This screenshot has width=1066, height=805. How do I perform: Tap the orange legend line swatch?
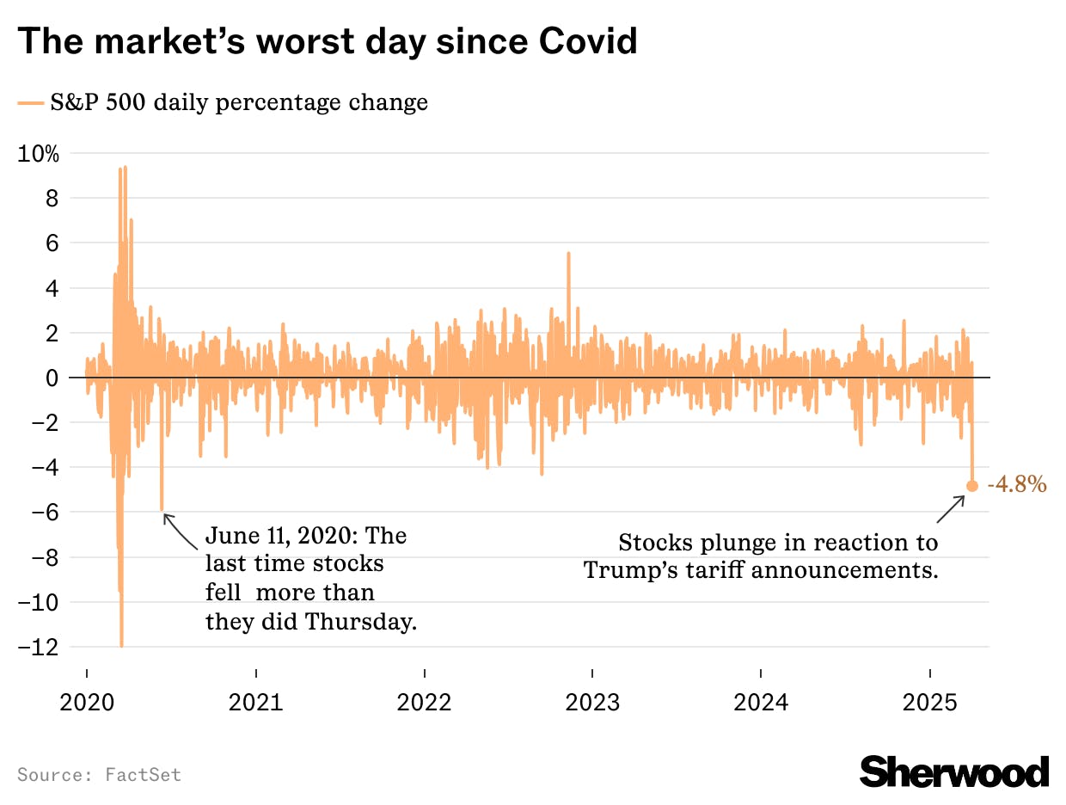(x=30, y=103)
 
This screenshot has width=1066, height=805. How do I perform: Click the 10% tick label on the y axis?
(x=39, y=154)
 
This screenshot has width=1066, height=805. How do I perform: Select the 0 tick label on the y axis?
(x=52, y=378)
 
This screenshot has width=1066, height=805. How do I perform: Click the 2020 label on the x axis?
(x=86, y=702)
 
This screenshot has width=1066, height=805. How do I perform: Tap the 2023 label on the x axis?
(x=592, y=702)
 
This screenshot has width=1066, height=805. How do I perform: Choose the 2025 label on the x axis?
(x=929, y=702)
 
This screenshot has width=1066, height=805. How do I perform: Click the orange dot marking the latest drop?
(x=972, y=486)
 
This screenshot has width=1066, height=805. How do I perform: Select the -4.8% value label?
(x=1017, y=485)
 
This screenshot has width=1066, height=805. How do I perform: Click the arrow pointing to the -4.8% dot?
(x=951, y=509)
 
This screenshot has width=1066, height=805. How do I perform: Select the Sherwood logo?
(x=954, y=771)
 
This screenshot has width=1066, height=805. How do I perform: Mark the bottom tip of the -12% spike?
(x=121, y=646)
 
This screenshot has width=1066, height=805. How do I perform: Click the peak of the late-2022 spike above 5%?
(x=568, y=253)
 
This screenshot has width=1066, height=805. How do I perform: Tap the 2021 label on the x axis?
(x=255, y=702)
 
